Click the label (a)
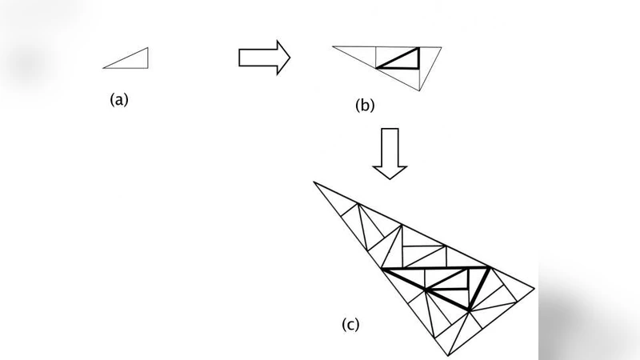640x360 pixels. pyautogui.click(x=118, y=100)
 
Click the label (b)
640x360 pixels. pyautogui.click(x=365, y=105)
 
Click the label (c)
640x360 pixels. pyautogui.click(x=351, y=324)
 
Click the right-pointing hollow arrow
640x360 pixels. pyautogui.click(x=264, y=57)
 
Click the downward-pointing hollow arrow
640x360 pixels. pyautogui.click(x=390, y=151)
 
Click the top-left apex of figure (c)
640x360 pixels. pyautogui.click(x=314, y=182)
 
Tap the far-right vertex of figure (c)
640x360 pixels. pyautogui.click(x=535, y=287)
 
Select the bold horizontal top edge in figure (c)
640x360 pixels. pyautogui.click(x=436, y=269)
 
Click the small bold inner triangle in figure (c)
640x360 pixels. pyautogui.click(x=448, y=281)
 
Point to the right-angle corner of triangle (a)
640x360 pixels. pyautogui.click(x=148, y=67)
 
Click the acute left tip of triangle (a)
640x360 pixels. pyautogui.click(x=104, y=67)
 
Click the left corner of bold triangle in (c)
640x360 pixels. pyautogui.click(x=383, y=269)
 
